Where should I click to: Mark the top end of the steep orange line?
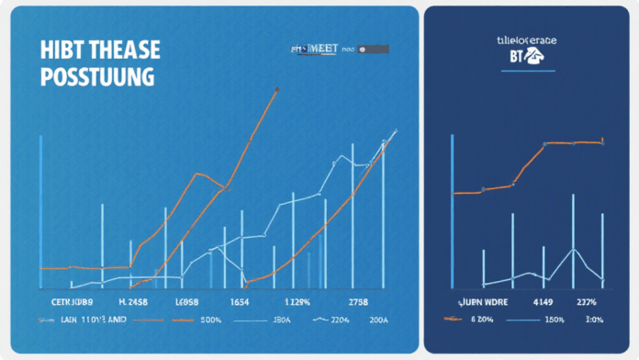click(x=278, y=88)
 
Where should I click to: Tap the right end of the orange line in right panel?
click(x=603, y=141)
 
